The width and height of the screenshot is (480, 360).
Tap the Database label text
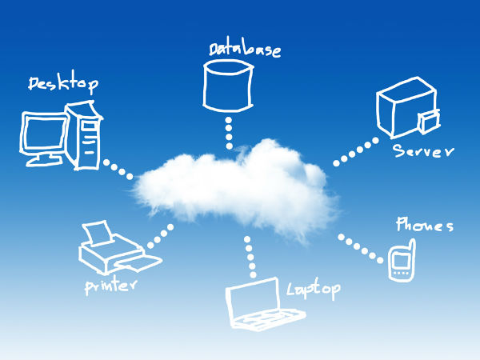point(245,49)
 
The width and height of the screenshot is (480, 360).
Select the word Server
point(423,151)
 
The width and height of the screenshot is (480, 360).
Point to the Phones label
point(424,226)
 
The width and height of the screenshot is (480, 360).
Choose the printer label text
point(112,286)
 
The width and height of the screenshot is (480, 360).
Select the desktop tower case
point(88,136)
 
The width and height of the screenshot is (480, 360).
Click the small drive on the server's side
point(429,122)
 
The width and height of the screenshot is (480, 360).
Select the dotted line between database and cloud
point(229,132)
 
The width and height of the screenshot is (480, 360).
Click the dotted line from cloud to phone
point(359,248)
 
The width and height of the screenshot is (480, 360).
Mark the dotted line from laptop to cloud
point(250,256)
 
